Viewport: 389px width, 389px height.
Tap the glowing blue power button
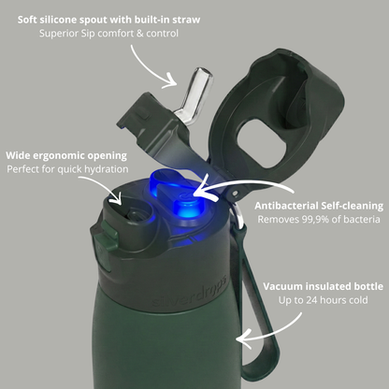click(186, 208)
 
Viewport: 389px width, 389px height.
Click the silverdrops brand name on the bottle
click(190, 292)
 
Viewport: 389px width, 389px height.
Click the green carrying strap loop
click(256, 299)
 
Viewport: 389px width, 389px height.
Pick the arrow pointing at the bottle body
click(274, 334)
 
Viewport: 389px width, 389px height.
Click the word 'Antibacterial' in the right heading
click(286, 206)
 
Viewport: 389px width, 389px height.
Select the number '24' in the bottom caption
click(311, 300)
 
